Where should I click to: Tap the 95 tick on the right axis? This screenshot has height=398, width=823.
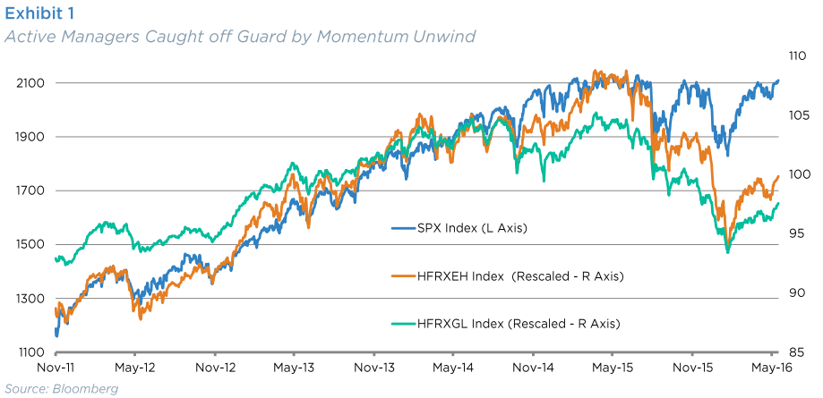[x=797, y=233]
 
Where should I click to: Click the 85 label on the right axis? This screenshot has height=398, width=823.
[x=797, y=351]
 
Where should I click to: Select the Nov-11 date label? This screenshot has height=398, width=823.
[x=54, y=368]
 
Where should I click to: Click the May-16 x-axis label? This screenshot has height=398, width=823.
[x=771, y=368]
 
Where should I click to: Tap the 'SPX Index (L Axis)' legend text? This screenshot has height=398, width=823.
[x=471, y=228]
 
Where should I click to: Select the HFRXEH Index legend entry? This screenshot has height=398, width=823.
[x=508, y=276]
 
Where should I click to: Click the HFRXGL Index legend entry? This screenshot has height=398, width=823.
[x=506, y=324]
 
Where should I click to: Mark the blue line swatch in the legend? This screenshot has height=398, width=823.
[x=403, y=229]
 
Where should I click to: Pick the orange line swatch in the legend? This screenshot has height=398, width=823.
[x=403, y=276]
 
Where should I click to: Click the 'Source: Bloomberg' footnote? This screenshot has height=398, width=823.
[x=62, y=388]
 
